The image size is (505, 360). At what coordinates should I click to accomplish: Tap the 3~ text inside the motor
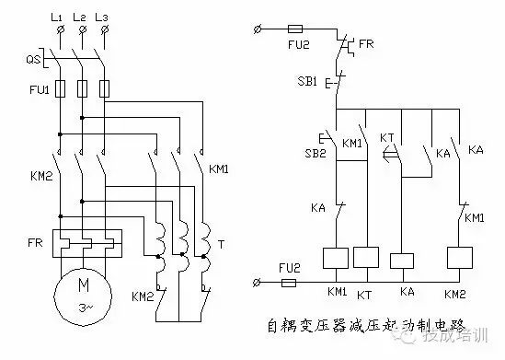83,306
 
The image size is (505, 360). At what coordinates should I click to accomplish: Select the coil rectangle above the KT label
366,259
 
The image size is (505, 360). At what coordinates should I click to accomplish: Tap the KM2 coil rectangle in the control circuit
459,259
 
